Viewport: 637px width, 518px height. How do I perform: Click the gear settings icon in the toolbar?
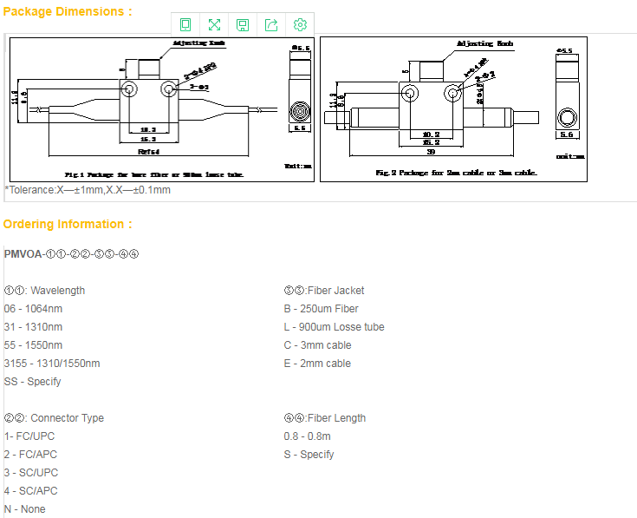[300, 24]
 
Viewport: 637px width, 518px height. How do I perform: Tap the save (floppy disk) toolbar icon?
[243, 24]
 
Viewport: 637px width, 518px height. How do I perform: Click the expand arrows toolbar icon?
[214, 24]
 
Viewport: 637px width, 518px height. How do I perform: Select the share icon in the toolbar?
[271, 24]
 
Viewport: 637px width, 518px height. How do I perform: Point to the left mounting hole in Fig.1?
[129, 89]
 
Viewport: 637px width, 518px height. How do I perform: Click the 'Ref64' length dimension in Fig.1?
[148, 150]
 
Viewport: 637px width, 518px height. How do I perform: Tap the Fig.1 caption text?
[153, 174]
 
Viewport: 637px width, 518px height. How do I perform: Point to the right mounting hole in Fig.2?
[452, 92]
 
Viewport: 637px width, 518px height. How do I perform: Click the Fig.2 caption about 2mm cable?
[456, 172]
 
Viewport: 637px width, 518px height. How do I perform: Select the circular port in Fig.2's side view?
[566, 117]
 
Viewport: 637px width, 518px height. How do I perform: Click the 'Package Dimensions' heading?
[68, 11]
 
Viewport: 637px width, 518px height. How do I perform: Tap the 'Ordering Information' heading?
[68, 224]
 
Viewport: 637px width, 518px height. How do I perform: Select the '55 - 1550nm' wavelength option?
[33, 345]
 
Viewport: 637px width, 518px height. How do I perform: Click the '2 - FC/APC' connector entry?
[32, 455]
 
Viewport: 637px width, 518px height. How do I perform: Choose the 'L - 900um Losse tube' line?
[334, 327]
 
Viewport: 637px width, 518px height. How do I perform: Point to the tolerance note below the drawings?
[88, 190]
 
